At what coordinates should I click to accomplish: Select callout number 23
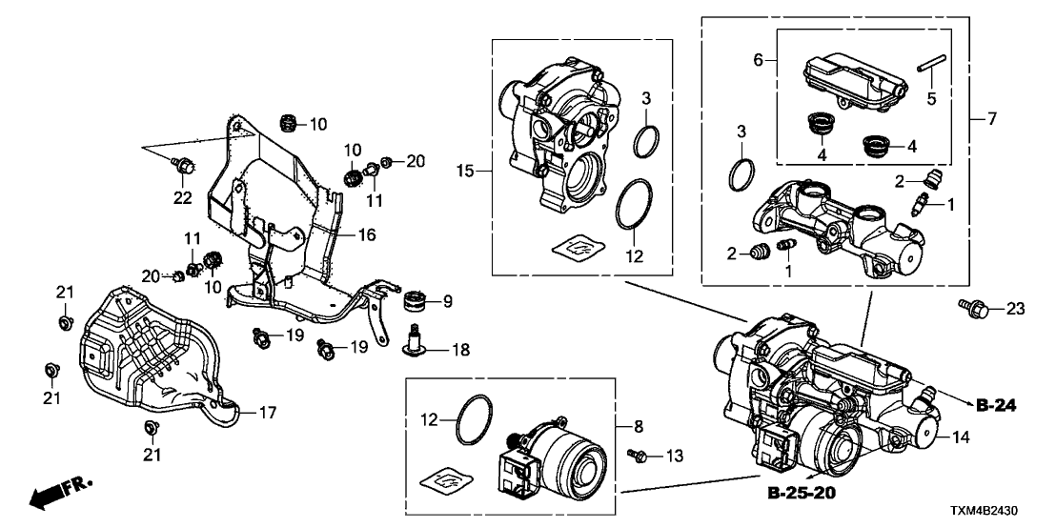click(x=1015, y=308)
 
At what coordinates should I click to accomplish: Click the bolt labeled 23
click(x=970, y=307)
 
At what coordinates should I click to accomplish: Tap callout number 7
click(x=992, y=120)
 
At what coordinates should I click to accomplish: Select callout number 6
click(x=759, y=59)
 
